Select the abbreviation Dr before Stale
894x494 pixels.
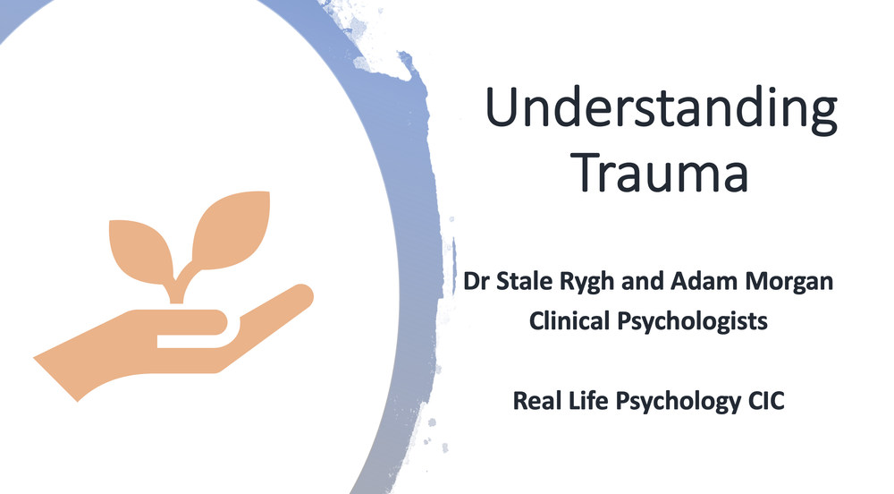tap(476, 281)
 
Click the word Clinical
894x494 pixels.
tap(567, 319)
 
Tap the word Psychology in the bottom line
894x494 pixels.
tap(676, 401)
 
